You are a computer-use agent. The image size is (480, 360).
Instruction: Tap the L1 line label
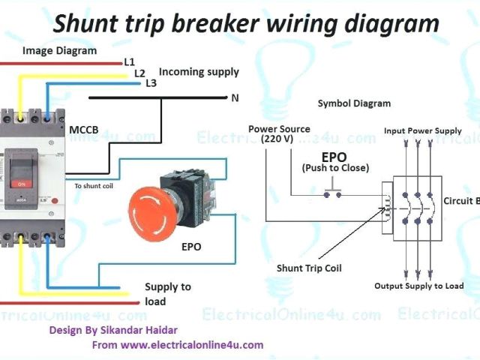click(128, 61)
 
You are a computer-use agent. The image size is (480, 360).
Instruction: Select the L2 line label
click(139, 73)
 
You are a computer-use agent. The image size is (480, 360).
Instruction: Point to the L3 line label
click(151, 83)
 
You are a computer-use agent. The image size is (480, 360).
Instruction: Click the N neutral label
click(235, 97)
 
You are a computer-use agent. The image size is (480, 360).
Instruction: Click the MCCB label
click(82, 130)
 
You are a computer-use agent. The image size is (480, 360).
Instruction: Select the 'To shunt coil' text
click(94, 185)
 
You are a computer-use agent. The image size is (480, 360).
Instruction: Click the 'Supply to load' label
click(168, 294)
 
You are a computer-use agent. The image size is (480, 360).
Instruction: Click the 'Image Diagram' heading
click(59, 51)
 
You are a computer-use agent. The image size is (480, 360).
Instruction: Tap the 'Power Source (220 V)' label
click(279, 133)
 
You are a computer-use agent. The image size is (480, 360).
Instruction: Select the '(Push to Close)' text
click(335, 168)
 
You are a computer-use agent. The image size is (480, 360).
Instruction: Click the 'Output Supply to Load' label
click(419, 286)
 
